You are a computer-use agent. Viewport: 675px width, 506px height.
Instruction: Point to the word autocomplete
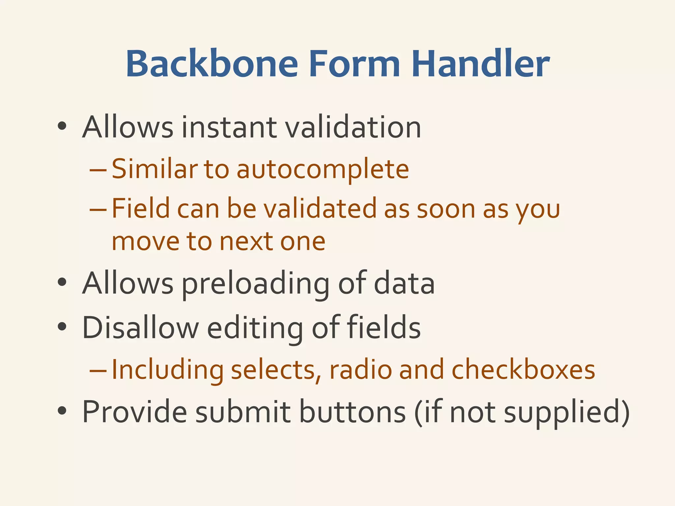tap(323, 169)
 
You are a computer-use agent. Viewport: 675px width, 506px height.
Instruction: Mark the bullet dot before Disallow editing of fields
tap(62, 326)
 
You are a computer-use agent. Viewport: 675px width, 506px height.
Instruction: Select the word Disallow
tap(140, 327)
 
